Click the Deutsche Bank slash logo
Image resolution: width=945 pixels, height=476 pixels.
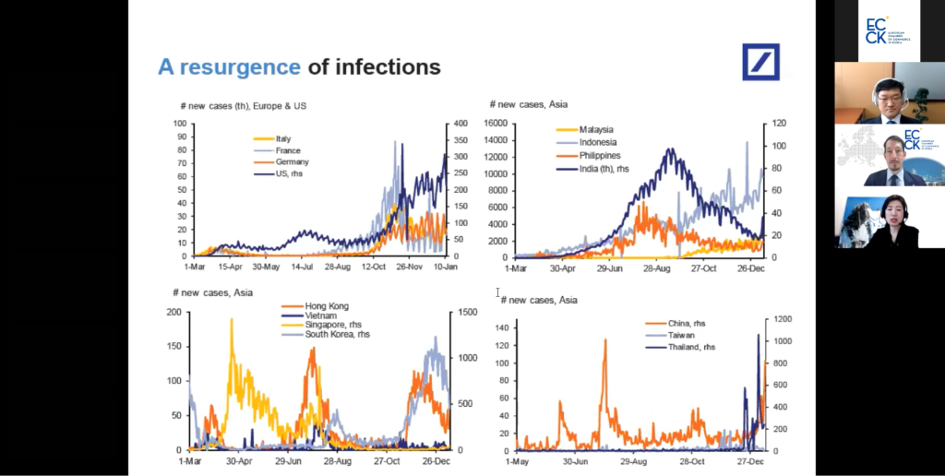(x=762, y=62)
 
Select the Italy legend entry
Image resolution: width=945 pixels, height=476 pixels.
(x=282, y=138)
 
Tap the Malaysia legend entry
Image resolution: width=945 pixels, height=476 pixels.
(x=596, y=130)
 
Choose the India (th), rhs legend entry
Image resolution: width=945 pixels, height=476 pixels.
(x=610, y=169)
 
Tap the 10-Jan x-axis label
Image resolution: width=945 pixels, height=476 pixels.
(x=447, y=267)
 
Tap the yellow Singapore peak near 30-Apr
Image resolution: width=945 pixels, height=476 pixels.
(x=230, y=321)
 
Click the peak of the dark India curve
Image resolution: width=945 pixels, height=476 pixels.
(x=670, y=149)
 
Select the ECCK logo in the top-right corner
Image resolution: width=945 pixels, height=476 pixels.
(x=888, y=30)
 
